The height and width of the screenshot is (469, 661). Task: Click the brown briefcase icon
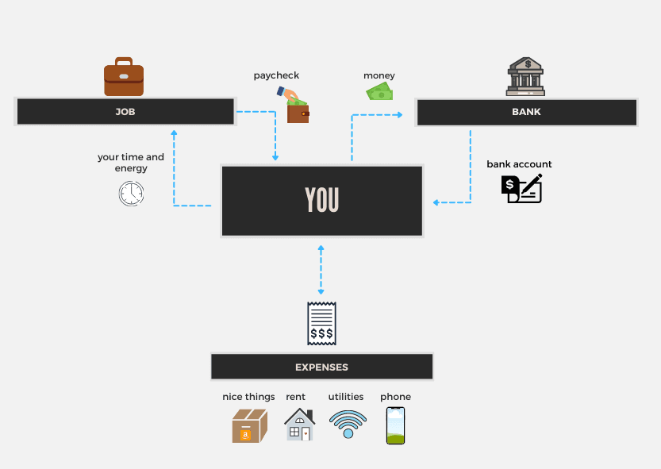point(124,77)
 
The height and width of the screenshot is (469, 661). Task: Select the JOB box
point(125,112)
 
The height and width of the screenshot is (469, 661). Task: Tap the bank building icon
point(525,76)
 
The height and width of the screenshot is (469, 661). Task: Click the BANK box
point(526,112)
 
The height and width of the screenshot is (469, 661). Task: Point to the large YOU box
point(321,201)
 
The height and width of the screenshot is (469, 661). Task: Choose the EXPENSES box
point(321,367)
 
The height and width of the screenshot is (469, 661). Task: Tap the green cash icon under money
point(380,92)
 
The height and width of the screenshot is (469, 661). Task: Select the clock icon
point(131,193)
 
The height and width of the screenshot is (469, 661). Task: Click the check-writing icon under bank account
point(521,188)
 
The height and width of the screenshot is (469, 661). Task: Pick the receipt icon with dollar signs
point(321,324)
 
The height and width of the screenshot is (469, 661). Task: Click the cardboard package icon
point(249,426)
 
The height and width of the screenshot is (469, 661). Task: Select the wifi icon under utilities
point(347,425)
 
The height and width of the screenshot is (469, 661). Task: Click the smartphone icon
point(395,425)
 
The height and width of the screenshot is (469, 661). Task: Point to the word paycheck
point(276,75)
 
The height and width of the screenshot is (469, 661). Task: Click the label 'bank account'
point(519,164)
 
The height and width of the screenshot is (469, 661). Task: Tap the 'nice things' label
point(248,397)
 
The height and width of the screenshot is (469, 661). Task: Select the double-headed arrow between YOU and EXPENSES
point(321,271)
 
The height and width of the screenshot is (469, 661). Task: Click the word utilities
point(346,397)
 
